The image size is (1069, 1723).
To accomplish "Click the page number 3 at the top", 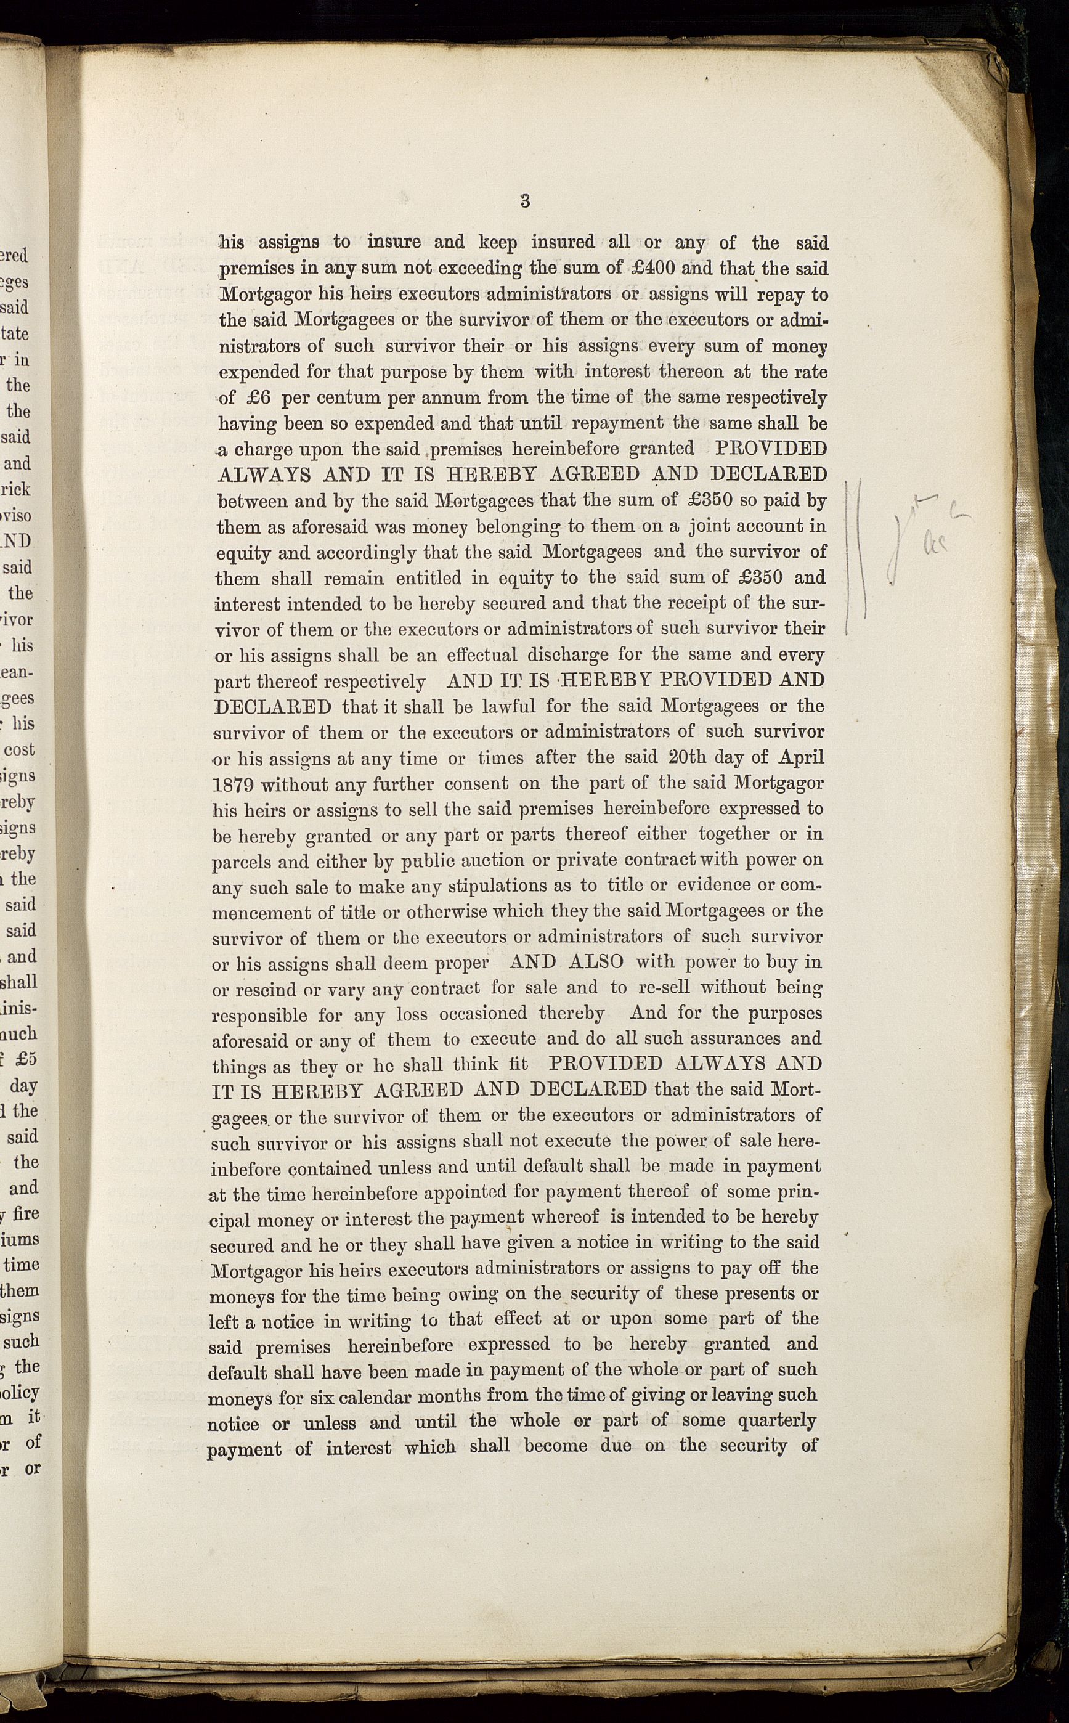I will pos(524,201).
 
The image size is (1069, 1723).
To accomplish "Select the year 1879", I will pos(235,785).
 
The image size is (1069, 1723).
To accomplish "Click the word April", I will pos(801,757).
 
